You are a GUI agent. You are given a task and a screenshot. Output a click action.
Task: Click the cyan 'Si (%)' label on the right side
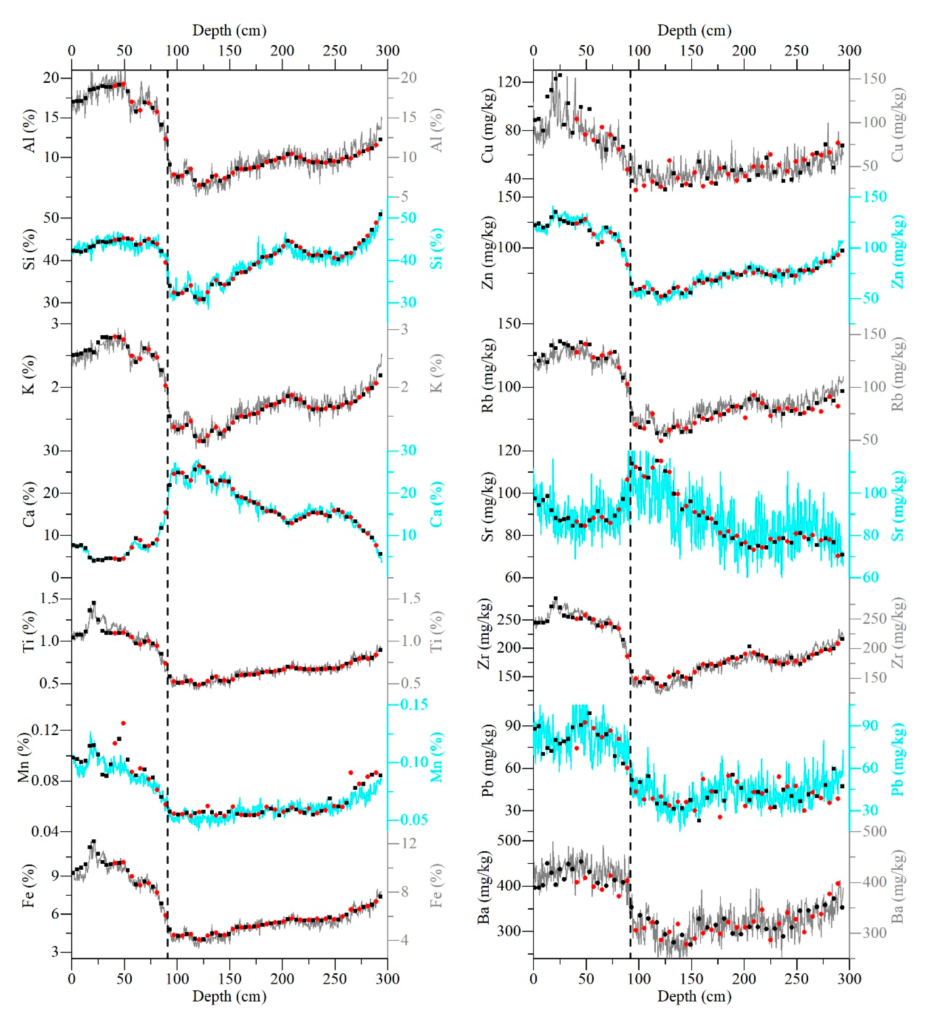click(437, 248)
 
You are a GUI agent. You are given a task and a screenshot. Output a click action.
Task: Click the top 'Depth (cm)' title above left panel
click(230, 30)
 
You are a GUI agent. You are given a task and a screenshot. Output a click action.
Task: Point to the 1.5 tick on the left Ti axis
click(49, 598)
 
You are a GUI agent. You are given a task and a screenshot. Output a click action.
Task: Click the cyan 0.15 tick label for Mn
click(414, 704)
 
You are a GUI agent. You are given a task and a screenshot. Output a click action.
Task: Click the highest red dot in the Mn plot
click(123, 723)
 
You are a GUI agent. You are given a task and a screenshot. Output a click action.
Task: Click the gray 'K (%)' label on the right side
click(437, 373)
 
